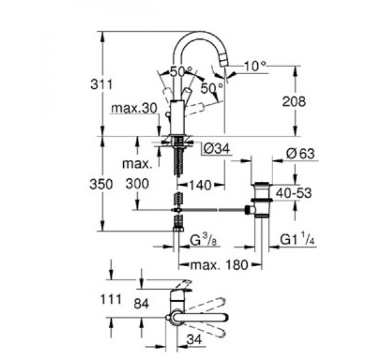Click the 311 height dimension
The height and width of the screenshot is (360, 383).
tap(101, 85)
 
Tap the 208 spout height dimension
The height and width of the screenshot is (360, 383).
tap(294, 101)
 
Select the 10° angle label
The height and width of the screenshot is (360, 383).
tap(255, 66)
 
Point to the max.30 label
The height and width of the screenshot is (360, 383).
tap(134, 109)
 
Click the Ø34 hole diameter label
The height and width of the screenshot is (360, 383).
tap(216, 148)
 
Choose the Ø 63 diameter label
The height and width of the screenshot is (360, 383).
tap(301, 154)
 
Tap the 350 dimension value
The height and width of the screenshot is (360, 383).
tap(101, 184)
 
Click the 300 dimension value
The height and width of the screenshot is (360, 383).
tap(137, 184)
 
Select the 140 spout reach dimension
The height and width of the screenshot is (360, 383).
tap(200, 185)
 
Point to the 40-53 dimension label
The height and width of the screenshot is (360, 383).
tap(294, 193)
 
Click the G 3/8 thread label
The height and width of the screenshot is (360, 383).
tap(203, 241)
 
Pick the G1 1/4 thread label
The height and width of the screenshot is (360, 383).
tap(297, 239)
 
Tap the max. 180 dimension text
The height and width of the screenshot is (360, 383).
tap(219, 265)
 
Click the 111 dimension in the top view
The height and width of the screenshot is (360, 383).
tap(111, 299)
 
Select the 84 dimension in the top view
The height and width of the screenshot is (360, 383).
tap(142, 304)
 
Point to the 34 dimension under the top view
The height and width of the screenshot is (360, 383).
tap(195, 340)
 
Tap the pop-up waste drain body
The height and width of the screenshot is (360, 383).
tap(261, 199)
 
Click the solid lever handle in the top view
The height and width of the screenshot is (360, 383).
tap(201, 317)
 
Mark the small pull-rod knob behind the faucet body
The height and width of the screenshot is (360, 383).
tap(168, 114)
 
